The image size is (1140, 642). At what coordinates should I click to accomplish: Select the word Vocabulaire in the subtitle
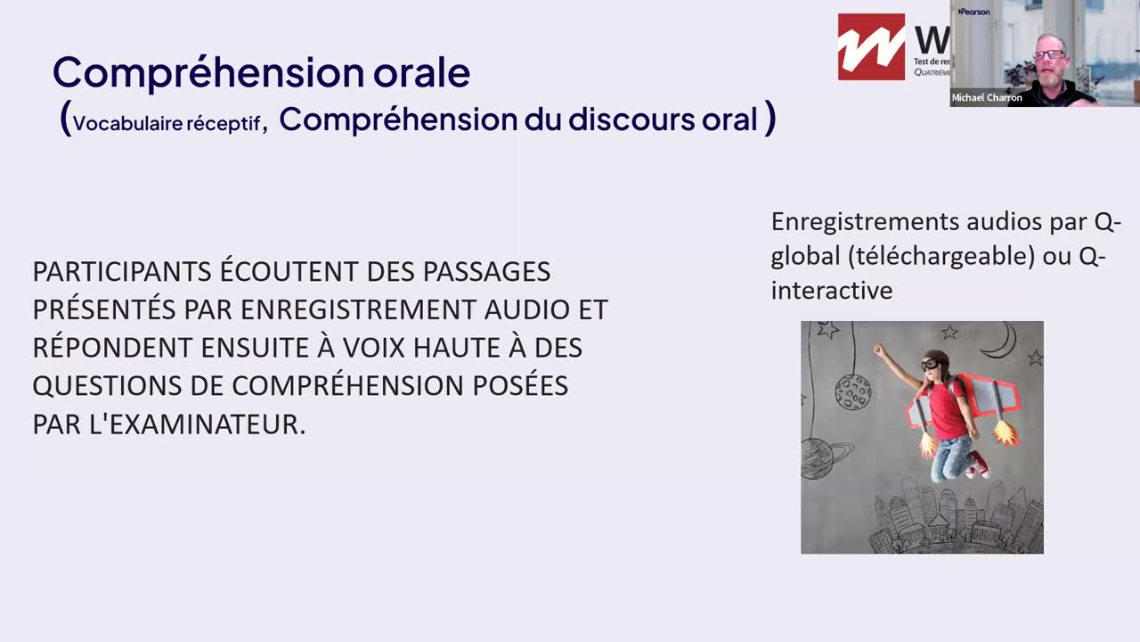124,124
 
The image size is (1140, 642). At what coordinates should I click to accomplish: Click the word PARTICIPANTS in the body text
122,271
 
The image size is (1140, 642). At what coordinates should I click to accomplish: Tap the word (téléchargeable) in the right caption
941,256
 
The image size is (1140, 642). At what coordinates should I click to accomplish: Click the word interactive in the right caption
832,291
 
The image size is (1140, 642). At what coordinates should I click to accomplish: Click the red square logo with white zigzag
871,46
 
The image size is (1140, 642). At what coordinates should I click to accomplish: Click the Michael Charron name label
987,98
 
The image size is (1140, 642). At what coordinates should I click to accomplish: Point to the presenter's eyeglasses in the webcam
1048,54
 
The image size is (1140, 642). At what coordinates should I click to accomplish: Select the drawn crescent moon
1007,339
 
